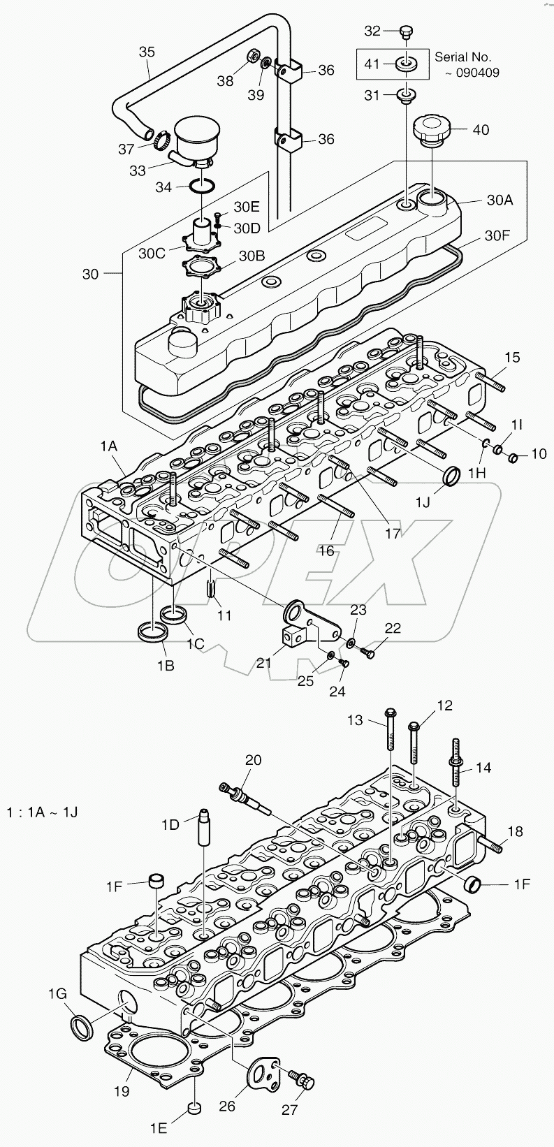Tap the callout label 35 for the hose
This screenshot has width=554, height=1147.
point(146,52)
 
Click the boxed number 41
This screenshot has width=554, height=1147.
point(372,64)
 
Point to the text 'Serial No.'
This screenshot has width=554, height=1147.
point(462,57)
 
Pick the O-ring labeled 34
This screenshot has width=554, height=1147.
point(201,187)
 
